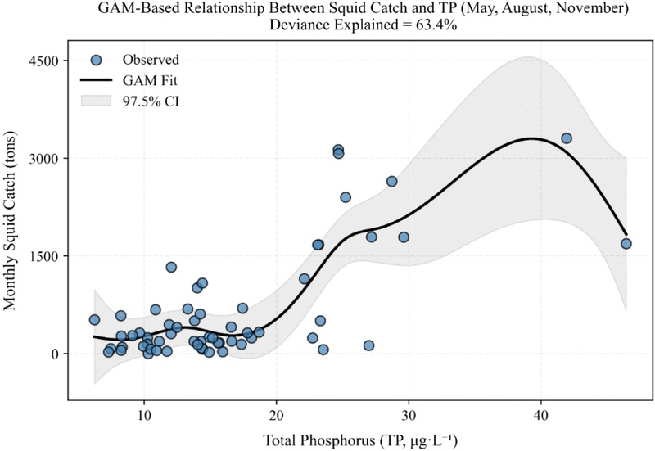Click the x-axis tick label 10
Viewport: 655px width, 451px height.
pyautogui.click(x=144, y=415)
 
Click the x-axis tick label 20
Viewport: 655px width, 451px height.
pyautogui.click(x=276, y=415)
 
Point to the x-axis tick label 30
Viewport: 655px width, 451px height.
pyautogui.click(x=409, y=415)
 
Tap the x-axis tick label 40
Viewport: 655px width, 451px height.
pyautogui.click(x=540, y=415)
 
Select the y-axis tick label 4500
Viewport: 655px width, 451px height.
pyautogui.click(x=44, y=61)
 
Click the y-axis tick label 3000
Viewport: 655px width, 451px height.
pyautogui.click(x=44, y=158)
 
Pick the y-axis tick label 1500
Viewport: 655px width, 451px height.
pyautogui.click(x=44, y=256)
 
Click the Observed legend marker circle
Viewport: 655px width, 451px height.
pyautogui.click(x=97, y=60)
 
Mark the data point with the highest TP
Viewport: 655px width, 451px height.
pyautogui.click(x=626, y=244)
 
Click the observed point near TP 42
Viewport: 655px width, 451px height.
pyautogui.click(x=567, y=138)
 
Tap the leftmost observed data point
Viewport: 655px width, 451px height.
pyautogui.click(x=94, y=320)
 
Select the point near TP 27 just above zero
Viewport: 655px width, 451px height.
pyautogui.click(x=368, y=345)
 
